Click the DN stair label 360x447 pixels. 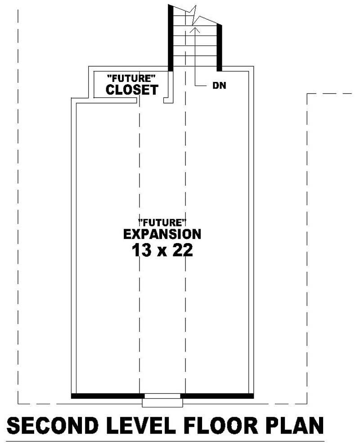pyautogui.click(x=219, y=86)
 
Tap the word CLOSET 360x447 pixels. pyautogui.click(x=132, y=90)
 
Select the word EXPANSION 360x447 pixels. pyautogui.click(x=162, y=234)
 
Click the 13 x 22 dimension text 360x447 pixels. pyautogui.click(x=162, y=250)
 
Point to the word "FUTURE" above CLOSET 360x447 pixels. pyautogui.click(x=131, y=77)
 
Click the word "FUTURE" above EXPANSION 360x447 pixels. pyautogui.click(x=162, y=222)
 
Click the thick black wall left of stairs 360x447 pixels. pyautogui.click(x=171, y=38)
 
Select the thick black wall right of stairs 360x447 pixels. pyautogui.click(x=219, y=48)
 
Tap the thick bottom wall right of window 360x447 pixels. pyautogui.click(x=217, y=396)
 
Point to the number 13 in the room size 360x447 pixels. pyautogui.click(x=140, y=250)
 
